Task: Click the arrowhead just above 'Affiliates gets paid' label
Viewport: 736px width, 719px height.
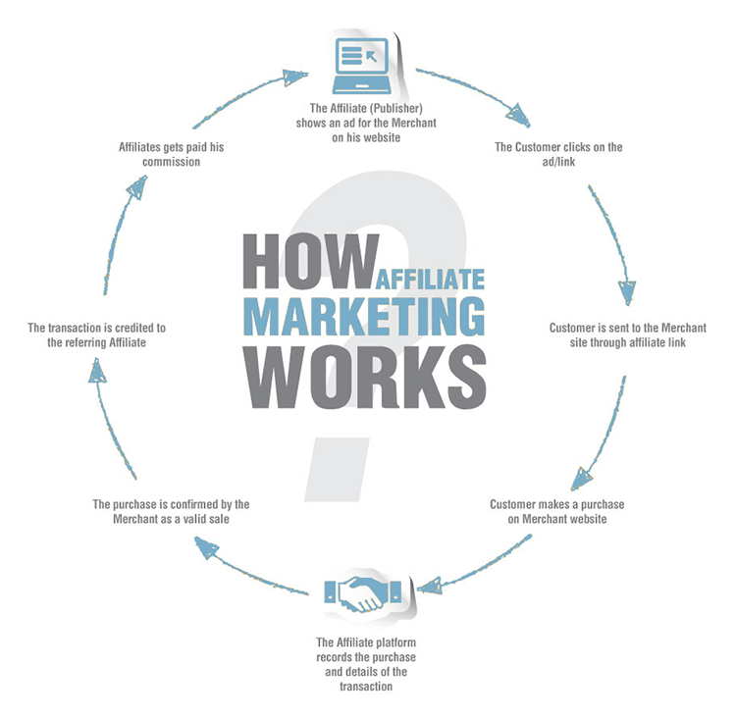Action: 137,186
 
